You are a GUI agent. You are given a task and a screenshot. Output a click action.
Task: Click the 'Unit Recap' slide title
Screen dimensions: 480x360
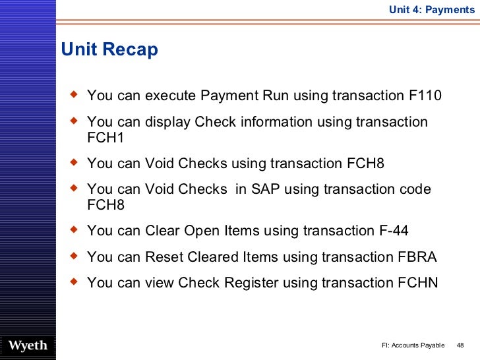(x=109, y=50)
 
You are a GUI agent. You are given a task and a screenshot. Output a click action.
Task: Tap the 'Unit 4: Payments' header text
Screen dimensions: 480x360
(x=431, y=9)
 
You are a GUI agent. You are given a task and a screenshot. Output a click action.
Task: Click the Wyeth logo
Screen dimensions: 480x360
(x=27, y=345)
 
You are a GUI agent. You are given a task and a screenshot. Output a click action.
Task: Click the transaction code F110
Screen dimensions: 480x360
(x=421, y=96)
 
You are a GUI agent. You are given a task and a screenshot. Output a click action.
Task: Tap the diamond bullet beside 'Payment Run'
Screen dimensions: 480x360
(x=73, y=96)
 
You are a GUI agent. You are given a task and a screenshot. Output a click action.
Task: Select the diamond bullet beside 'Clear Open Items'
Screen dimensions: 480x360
(x=73, y=230)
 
